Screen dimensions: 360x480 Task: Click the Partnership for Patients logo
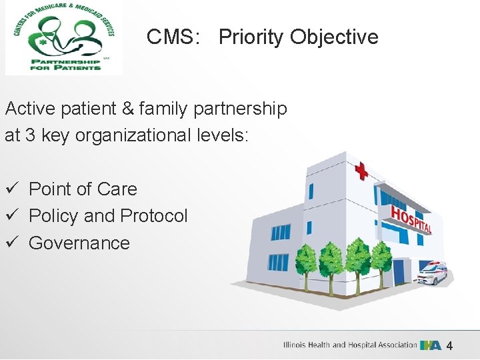coord(64,37)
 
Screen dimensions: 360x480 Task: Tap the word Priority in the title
coord(251,37)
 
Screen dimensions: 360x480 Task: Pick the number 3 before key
coord(29,135)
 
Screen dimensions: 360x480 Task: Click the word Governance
coord(79,243)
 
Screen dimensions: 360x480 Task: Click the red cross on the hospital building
coord(361,171)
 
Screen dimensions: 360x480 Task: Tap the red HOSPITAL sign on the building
coord(411,218)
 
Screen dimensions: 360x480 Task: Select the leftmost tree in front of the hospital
coord(307,263)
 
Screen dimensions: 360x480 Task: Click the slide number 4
coord(449,346)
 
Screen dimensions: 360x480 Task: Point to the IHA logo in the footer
coord(430,345)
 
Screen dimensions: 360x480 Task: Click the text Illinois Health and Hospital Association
coord(350,345)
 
